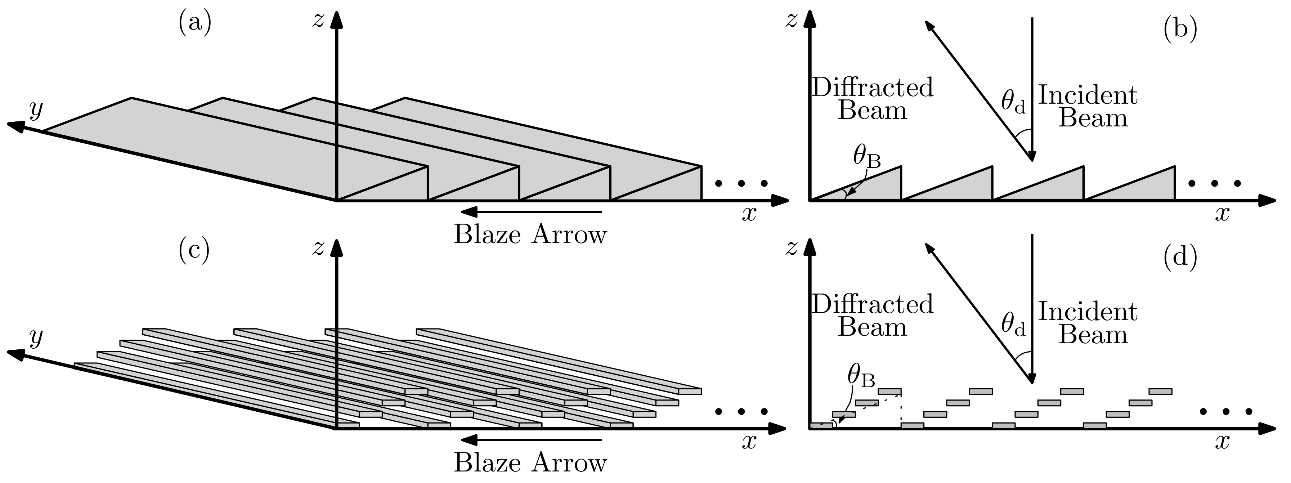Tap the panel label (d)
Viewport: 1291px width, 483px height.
pos(1180,256)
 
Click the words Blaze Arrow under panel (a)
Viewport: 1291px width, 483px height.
pos(530,234)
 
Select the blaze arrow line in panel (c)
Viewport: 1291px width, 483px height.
pos(531,440)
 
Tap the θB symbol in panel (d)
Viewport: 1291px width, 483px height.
pos(861,377)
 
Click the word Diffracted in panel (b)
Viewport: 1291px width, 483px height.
pos(872,88)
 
